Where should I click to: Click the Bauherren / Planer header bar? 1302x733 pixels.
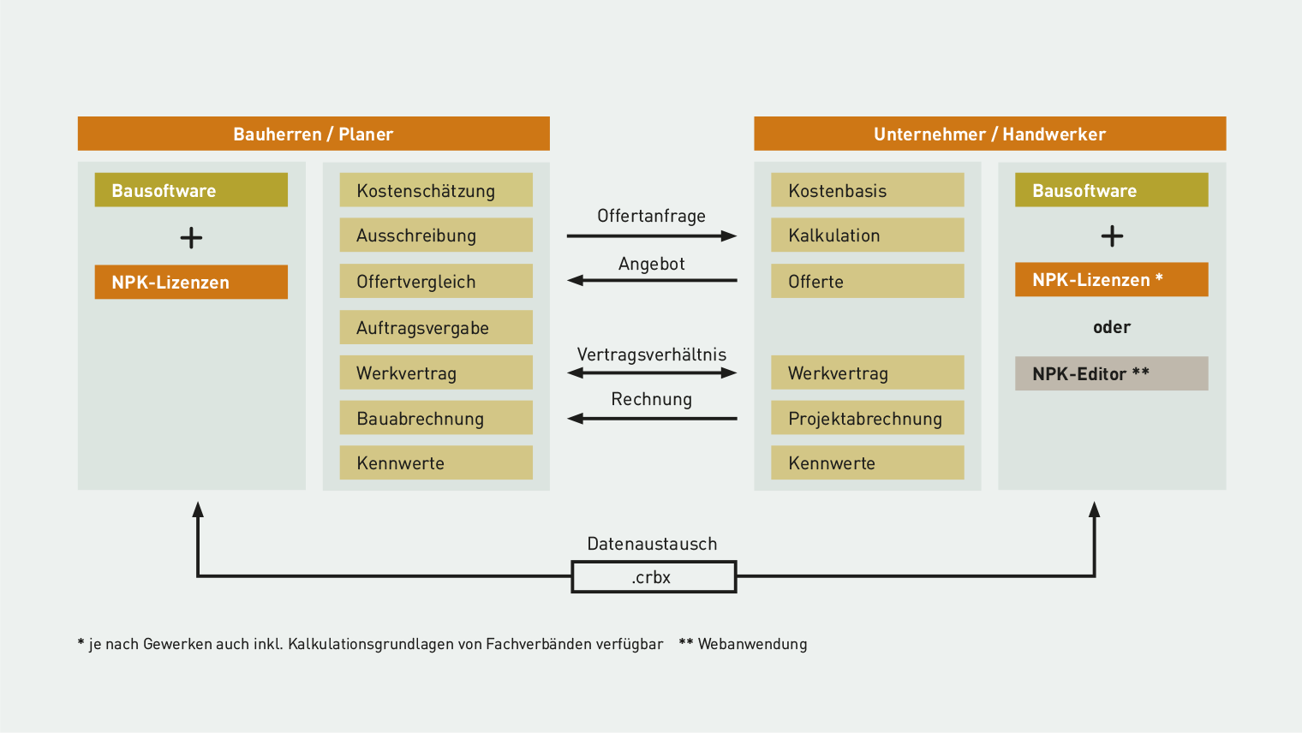tap(314, 134)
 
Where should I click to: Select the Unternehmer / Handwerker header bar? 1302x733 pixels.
tap(990, 134)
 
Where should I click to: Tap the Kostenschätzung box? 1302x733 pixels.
tap(436, 189)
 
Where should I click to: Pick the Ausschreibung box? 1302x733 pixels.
tap(436, 235)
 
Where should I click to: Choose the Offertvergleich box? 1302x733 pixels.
tap(436, 281)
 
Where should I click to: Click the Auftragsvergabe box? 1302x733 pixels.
tap(436, 327)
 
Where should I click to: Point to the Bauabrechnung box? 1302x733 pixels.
tap(436, 417)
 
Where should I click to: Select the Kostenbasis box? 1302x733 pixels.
tap(867, 189)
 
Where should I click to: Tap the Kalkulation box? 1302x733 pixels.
tap(867, 235)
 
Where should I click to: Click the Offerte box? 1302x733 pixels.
tap(867, 281)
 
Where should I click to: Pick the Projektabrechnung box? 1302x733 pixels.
tap(867, 417)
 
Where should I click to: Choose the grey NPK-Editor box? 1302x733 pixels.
tap(1111, 373)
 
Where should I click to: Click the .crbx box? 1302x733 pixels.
tap(654, 576)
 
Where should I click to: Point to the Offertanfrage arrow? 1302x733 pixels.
tap(652, 236)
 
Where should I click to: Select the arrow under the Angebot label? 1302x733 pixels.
tap(652, 280)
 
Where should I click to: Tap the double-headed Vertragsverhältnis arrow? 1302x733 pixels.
tap(652, 372)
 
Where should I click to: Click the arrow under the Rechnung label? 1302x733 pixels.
tap(652, 418)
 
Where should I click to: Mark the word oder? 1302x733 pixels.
tap(1111, 327)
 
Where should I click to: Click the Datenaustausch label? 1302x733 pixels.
tap(652, 544)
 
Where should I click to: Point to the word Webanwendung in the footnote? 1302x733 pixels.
tap(752, 644)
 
